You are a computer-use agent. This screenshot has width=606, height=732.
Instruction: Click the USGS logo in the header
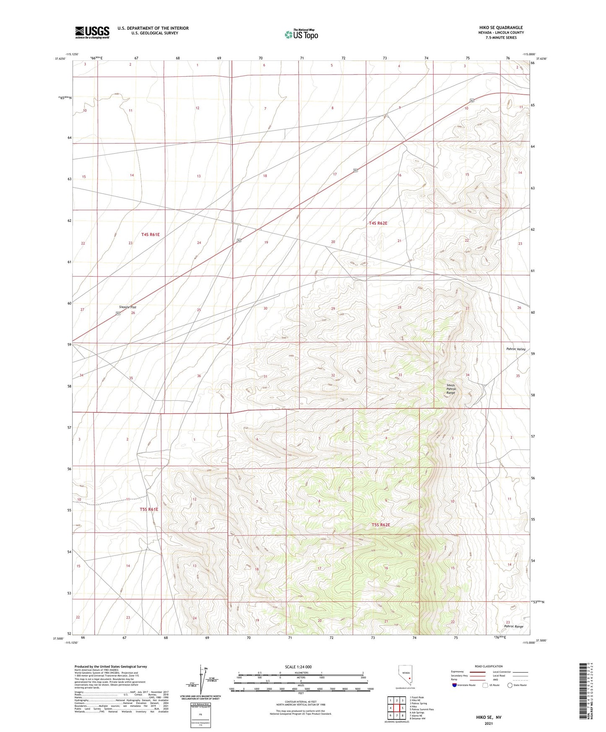[92, 32]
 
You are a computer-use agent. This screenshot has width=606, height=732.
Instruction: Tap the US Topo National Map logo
[301, 34]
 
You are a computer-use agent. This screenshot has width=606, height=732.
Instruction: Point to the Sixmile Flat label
[127, 307]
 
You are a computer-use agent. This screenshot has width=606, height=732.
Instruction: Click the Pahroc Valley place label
[515, 349]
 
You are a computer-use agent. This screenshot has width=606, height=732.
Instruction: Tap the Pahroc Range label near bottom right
[513, 626]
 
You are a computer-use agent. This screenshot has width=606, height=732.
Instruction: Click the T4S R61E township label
[150, 235]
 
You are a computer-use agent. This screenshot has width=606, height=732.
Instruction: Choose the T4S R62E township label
[378, 223]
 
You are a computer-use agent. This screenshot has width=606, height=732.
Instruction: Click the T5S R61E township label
[149, 509]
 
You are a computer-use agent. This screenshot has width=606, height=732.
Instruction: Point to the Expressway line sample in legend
[478, 672]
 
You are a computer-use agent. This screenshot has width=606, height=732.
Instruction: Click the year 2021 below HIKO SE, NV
[489, 723]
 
